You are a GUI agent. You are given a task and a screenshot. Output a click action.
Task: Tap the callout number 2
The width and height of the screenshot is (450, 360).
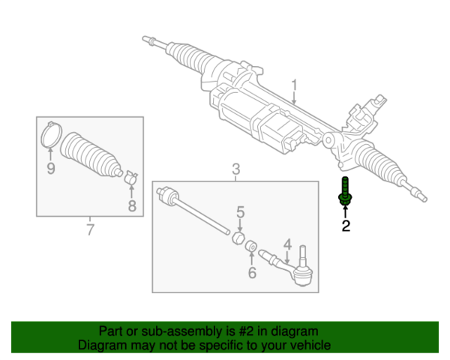point(346,226)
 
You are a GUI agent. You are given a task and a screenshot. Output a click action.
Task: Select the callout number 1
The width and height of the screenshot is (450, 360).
point(295,84)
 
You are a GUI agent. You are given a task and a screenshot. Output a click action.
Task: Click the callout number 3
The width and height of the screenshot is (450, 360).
point(235,169)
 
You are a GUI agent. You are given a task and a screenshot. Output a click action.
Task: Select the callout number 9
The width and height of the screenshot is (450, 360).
point(51,169)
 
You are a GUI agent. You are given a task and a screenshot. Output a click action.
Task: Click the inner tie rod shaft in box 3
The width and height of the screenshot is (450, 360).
point(196,214)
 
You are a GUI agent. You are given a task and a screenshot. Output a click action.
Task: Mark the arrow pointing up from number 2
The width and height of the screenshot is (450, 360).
point(346,211)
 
